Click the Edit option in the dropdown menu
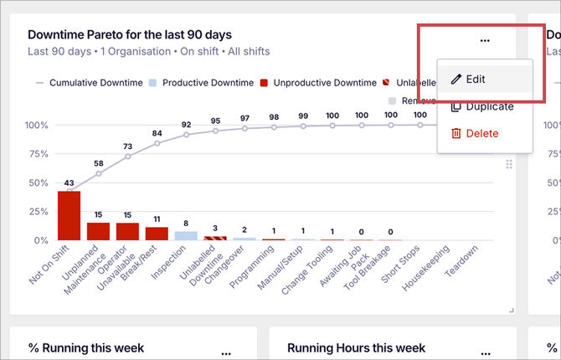click(475, 79)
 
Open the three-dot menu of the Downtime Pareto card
click(485, 41)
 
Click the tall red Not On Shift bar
click(69, 216)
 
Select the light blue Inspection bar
click(186, 235)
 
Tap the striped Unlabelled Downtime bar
click(215, 238)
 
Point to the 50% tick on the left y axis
click(39, 183)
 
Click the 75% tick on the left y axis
click(39, 154)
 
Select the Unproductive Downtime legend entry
click(318, 83)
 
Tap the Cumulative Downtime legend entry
click(88, 83)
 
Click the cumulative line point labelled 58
click(98, 174)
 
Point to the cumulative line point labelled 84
click(157, 143)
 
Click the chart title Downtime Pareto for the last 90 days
click(130, 35)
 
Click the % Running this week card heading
click(86, 347)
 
